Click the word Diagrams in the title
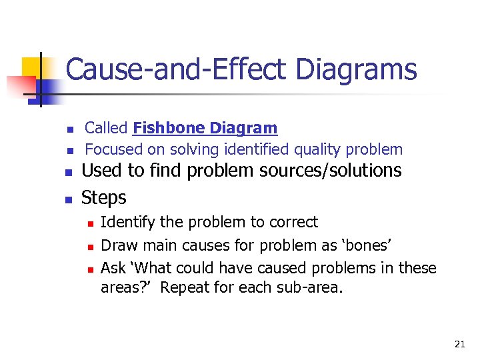tap(357, 69)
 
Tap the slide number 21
tap(459, 344)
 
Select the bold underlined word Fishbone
tap(169, 127)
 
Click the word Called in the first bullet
tap(107, 127)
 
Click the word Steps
tap(103, 198)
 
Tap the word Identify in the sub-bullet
tap(125, 222)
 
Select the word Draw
tap(116, 245)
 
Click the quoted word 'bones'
tap(368, 245)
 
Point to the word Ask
tap(111, 268)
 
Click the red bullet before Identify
tap(89, 223)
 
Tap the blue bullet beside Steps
tap(68, 199)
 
